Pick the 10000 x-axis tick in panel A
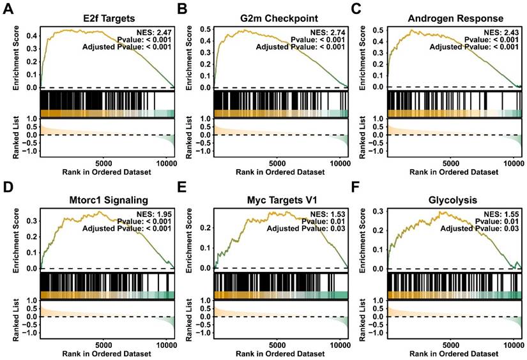[165, 163]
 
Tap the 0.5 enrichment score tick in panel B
[204, 29]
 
